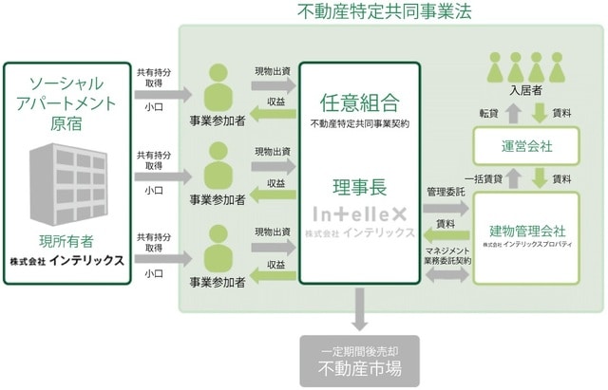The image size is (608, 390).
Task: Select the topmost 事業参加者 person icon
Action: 218,87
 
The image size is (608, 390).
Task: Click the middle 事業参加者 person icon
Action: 218,166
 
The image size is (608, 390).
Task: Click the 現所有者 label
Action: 66,240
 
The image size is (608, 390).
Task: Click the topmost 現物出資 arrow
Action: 271,84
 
